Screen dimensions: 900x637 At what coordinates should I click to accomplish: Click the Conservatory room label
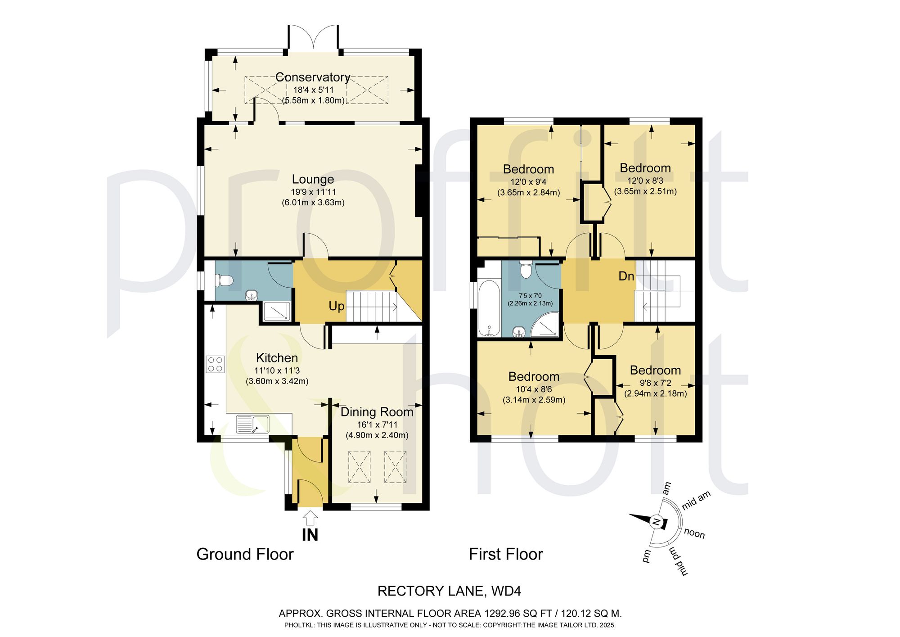click(x=313, y=77)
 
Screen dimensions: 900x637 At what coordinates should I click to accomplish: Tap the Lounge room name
click(x=313, y=179)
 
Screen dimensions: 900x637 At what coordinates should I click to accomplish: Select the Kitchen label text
click(x=277, y=358)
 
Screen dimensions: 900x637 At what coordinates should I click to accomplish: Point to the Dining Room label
click(x=377, y=412)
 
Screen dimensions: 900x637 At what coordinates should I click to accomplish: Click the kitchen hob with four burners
click(x=216, y=364)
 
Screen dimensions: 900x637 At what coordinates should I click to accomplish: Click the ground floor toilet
click(x=224, y=280)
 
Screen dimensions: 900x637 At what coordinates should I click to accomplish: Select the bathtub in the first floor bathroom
click(x=489, y=308)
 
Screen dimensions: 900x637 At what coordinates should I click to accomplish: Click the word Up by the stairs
click(x=337, y=307)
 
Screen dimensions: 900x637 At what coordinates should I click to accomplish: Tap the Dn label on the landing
click(x=626, y=276)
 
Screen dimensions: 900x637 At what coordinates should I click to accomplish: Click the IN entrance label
click(x=310, y=535)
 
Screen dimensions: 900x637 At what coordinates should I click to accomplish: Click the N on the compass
click(x=657, y=522)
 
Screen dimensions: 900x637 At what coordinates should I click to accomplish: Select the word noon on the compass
click(x=694, y=534)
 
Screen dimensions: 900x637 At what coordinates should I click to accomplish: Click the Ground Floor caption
click(x=245, y=554)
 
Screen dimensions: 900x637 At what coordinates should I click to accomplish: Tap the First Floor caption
click(x=506, y=554)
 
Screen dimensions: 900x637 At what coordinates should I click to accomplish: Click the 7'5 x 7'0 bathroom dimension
click(x=531, y=296)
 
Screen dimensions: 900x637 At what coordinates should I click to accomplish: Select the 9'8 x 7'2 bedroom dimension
click(x=655, y=383)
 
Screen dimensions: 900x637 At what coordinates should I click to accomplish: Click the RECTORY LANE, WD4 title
click(x=449, y=591)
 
